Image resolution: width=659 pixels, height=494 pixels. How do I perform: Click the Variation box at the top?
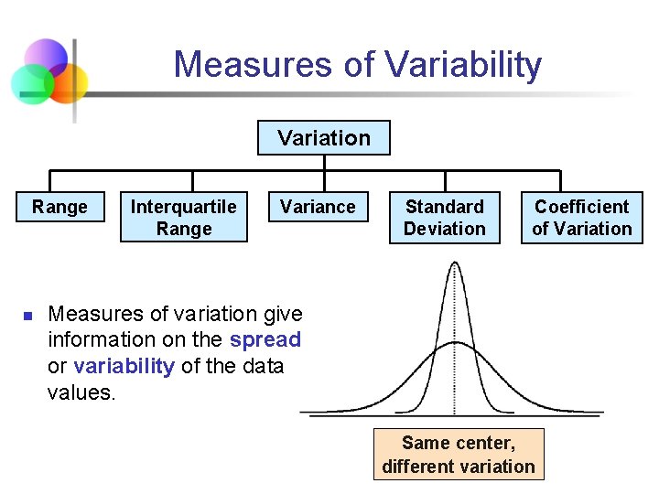324,138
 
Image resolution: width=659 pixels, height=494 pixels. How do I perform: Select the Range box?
59,207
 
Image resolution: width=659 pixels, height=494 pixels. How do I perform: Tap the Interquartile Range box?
184,218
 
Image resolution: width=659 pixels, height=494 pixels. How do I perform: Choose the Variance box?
318,207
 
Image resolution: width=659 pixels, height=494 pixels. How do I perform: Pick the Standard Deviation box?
445,218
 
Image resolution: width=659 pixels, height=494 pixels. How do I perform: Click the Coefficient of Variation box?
582,218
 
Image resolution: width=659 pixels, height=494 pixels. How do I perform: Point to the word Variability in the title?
463,65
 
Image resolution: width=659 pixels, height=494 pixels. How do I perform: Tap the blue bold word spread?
265,339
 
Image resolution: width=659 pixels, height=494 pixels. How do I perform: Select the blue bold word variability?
124,366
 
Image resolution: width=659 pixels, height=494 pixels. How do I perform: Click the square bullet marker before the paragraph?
27,316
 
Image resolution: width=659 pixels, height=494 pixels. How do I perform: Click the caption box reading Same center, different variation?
459,455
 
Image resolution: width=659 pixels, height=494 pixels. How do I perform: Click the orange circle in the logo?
70,83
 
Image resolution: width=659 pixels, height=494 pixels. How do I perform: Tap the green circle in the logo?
31,84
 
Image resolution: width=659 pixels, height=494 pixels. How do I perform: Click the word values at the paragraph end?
81,392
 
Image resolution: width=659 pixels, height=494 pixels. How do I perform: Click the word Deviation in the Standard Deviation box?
445,229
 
